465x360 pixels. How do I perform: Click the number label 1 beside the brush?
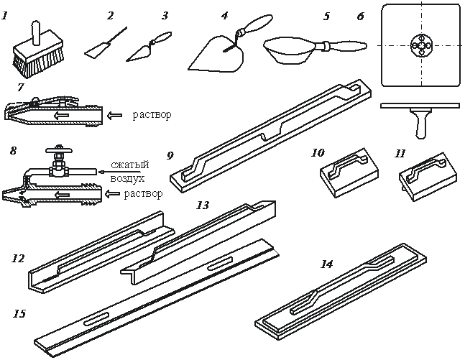4,15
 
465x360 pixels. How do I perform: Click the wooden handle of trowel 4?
257,23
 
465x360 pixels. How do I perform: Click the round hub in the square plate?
421,45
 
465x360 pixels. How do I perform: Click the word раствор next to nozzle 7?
152,115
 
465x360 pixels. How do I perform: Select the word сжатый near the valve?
130,165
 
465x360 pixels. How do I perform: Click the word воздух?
127,178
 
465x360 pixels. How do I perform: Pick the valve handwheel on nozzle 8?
60,149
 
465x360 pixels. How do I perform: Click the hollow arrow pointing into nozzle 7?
114,116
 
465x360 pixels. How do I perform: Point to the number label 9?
170,155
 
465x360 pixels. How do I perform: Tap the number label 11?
400,154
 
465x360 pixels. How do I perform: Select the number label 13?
203,205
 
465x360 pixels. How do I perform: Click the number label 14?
326,264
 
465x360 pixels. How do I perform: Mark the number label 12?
18,258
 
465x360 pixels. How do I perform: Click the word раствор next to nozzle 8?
143,194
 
